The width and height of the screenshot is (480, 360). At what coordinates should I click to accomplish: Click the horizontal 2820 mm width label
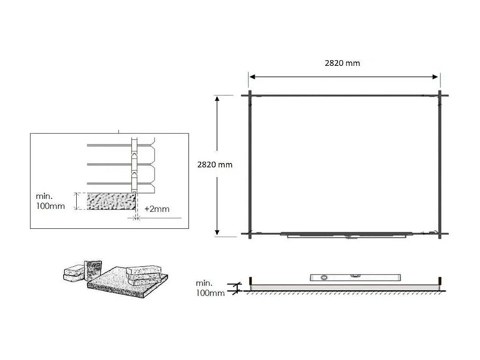click(x=342, y=63)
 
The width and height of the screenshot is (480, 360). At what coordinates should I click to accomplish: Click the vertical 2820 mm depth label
click(x=215, y=165)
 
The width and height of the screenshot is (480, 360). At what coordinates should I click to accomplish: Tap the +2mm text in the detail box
click(x=156, y=209)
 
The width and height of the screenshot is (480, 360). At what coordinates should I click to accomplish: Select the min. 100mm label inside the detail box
click(x=50, y=202)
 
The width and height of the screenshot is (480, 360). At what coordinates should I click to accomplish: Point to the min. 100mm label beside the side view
click(x=210, y=288)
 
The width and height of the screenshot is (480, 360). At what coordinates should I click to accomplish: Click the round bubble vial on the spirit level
click(x=324, y=277)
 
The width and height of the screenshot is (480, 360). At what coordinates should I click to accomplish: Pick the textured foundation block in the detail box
click(x=109, y=202)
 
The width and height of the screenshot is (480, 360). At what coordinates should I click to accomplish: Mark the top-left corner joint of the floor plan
click(x=250, y=95)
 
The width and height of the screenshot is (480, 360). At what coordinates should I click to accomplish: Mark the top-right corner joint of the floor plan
click(x=440, y=95)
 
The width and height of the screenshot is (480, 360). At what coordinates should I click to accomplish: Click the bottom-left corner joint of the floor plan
click(x=250, y=234)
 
